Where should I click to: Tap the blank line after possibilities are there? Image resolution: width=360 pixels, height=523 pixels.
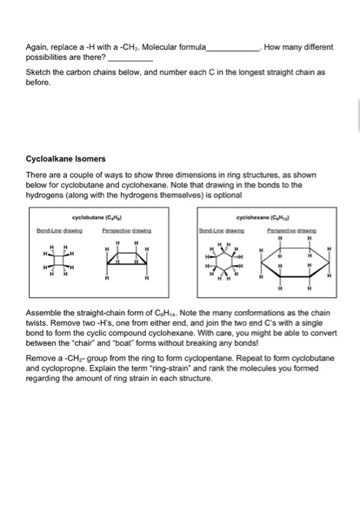click(131, 58)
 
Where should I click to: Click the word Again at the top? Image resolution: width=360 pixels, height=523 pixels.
click(37, 47)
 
